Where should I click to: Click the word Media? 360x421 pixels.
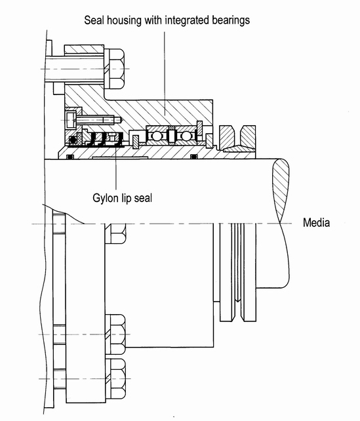tap(316, 222)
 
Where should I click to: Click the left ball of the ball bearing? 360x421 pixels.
tap(155, 136)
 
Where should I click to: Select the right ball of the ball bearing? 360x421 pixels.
tap(186, 136)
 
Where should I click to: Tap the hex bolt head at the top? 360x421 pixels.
tap(114, 69)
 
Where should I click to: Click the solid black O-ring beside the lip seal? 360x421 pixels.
tap(73, 140)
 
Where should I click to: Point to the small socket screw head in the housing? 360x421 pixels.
tap(71, 120)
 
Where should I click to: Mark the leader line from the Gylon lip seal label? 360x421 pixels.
tap(116, 164)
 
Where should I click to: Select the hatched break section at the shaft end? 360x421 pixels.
tap(281, 191)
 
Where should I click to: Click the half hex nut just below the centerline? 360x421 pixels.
tap(115, 233)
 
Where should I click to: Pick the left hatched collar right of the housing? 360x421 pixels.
tap(228, 138)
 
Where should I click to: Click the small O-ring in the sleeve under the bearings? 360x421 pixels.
tap(194, 157)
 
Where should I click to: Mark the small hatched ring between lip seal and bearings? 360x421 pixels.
tap(136, 142)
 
